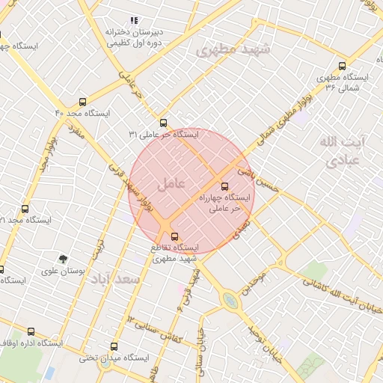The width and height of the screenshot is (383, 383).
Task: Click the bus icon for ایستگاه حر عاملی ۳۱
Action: pyautogui.click(x=163, y=123)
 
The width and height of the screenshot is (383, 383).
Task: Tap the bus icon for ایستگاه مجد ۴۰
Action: pyautogui.click(x=82, y=102)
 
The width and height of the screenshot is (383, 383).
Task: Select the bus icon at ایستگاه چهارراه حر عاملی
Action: pyautogui.click(x=224, y=186)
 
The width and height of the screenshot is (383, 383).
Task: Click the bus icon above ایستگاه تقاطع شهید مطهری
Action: pyautogui.click(x=175, y=237)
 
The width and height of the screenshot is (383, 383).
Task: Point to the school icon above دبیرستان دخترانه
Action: pyautogui.click(x=134, y=20)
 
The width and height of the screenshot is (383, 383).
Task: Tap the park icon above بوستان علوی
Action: pyautogui.click(x=62, y=259)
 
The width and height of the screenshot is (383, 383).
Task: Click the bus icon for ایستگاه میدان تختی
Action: pyautogui.click(x=114, y=346)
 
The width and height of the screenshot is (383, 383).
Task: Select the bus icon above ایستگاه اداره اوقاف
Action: pyautogui.click(x=31, y=331)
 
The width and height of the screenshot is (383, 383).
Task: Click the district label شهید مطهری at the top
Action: pyautogui.click(x=233, y=49)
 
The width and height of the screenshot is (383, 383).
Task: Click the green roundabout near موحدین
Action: pyautogui.click(x=230, y=301)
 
